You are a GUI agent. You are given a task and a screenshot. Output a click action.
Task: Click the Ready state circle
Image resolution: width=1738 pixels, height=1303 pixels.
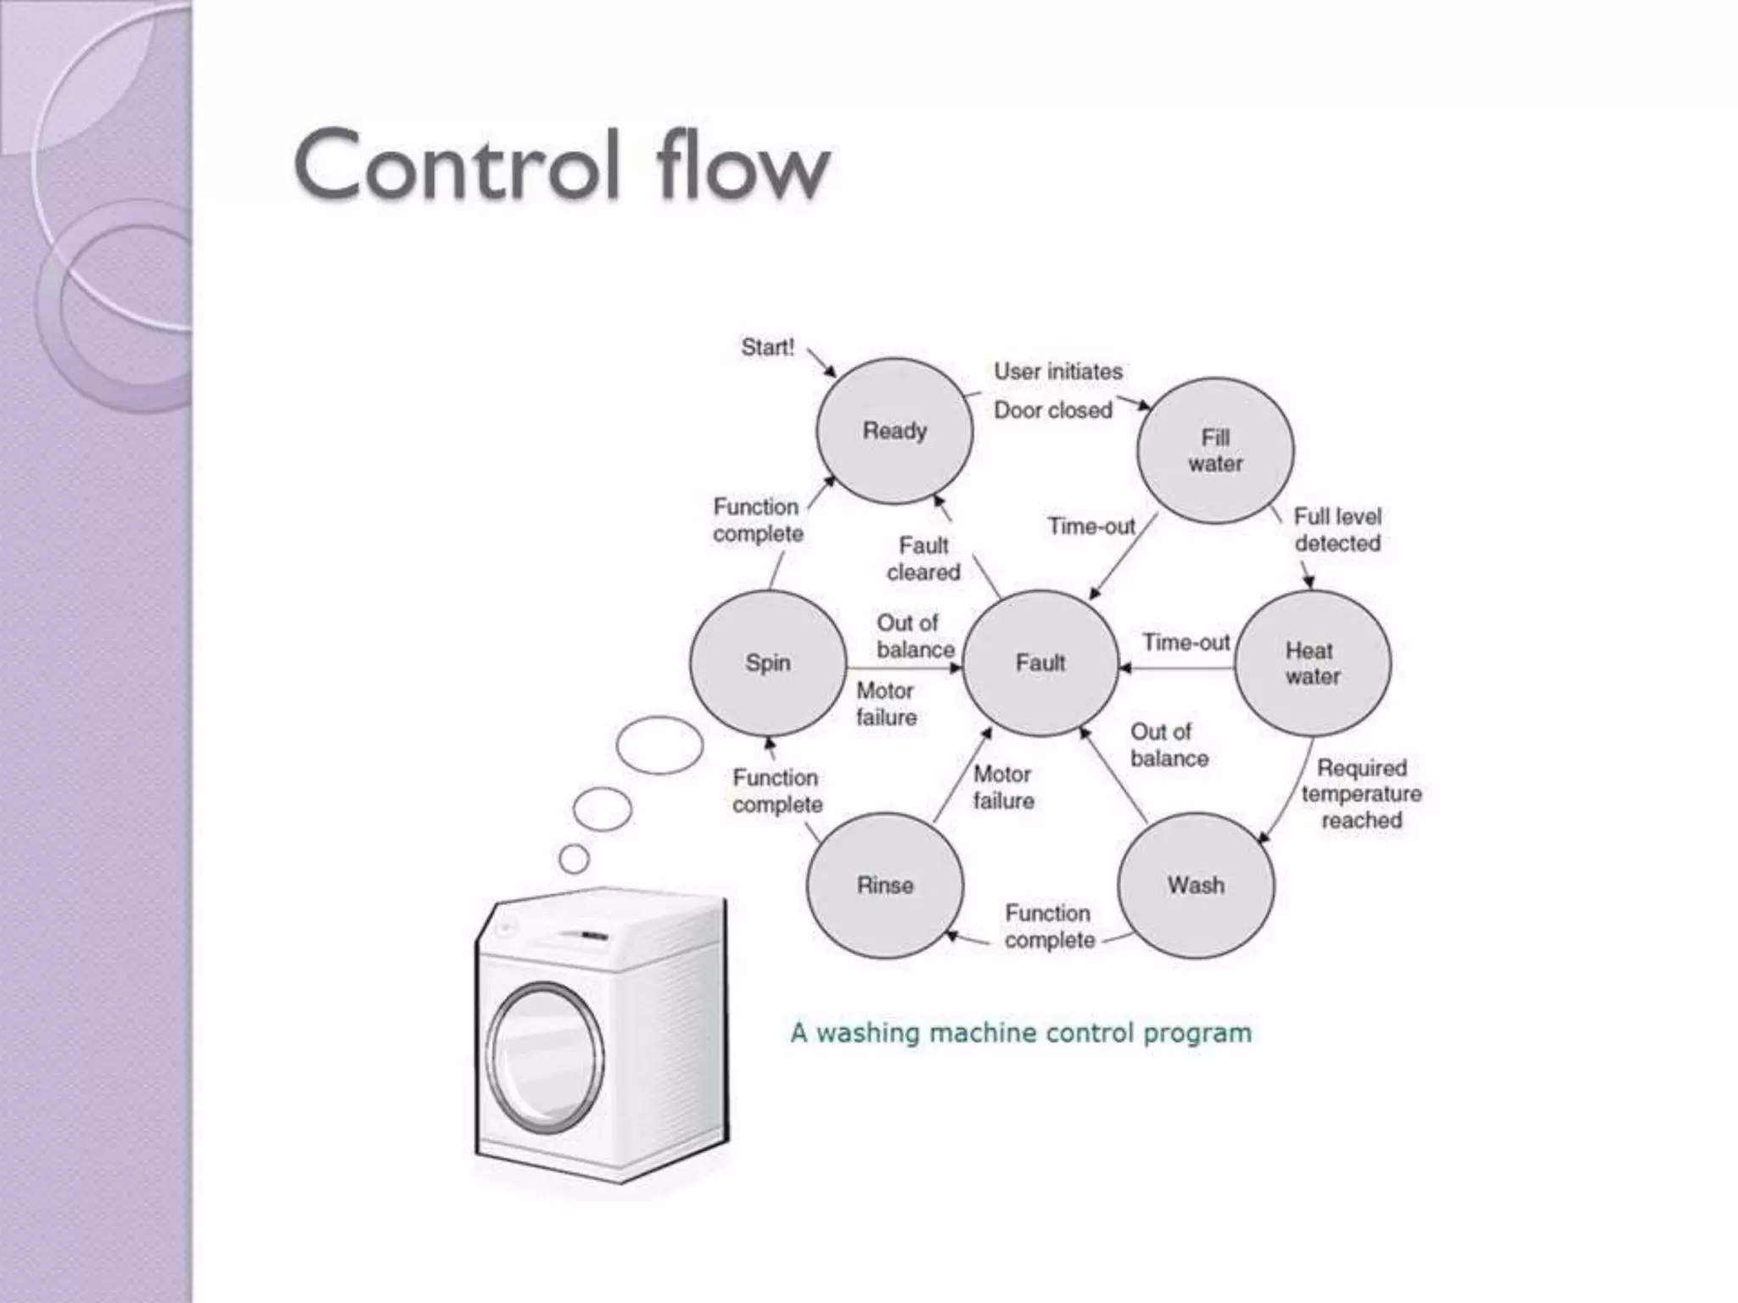894,431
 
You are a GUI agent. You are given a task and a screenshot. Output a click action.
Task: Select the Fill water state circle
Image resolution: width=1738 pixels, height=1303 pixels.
1215,450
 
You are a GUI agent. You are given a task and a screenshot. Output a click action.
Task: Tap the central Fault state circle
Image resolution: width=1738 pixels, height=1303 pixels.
1040,663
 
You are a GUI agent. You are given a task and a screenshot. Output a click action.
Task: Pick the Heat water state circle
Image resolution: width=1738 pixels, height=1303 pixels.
1312,663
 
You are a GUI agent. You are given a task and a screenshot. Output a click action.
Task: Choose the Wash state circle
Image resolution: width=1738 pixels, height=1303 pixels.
1196,886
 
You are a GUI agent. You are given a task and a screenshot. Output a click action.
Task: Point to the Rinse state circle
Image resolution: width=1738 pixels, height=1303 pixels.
885,886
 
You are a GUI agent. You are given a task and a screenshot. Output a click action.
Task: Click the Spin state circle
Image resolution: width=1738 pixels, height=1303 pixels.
768,663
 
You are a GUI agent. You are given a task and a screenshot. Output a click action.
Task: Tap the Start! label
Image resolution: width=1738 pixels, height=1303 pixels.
767,347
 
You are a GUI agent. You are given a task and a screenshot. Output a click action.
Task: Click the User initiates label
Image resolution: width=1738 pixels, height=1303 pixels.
1057,372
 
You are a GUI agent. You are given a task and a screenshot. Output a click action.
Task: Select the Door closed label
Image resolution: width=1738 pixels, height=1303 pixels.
1052,411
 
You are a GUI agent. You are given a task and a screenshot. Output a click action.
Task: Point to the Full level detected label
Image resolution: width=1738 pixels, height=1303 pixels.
1337,529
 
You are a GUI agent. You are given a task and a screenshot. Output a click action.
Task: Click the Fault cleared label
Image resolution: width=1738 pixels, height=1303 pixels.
923,558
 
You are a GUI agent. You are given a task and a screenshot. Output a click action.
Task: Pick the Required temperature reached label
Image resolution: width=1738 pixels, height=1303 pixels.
1361,794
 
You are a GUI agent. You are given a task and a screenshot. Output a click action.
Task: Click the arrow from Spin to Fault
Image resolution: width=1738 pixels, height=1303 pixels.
905,668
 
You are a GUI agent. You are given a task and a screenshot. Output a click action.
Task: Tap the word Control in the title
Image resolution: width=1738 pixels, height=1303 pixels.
457,165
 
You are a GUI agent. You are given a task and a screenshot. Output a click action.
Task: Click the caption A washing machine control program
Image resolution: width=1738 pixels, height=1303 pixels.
1021,1033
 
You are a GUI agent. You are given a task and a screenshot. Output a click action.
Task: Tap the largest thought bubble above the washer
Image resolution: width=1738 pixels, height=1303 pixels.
659,746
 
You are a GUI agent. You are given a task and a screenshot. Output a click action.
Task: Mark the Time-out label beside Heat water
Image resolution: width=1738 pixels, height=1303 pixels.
1186,643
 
